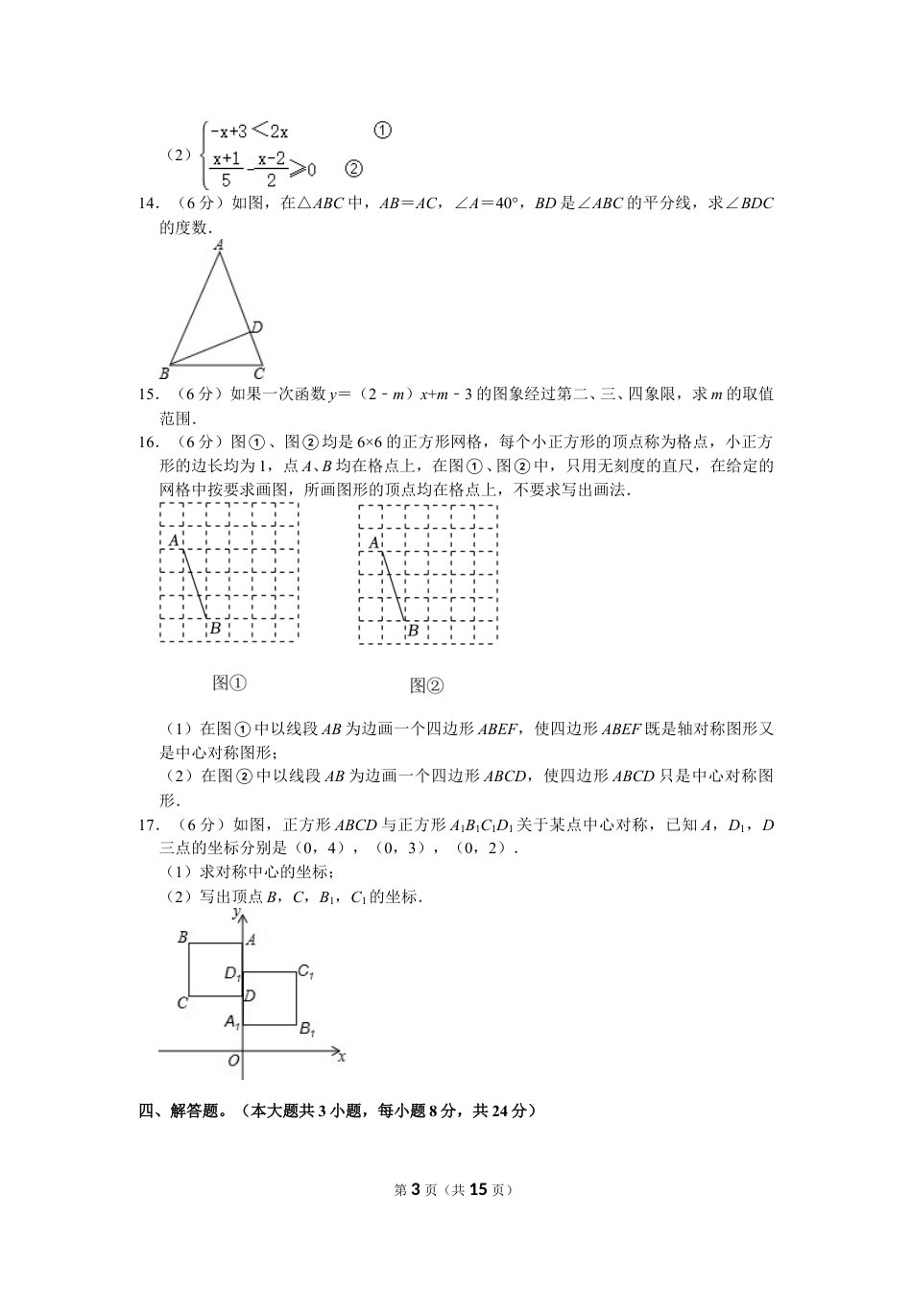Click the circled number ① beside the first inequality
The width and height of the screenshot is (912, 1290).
point(381,131)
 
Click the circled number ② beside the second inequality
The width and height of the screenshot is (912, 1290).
point(352,168)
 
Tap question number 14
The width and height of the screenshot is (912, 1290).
point(148,203)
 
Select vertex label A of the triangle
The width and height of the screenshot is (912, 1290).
point(219,246)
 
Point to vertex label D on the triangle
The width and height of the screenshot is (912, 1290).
point(256,328)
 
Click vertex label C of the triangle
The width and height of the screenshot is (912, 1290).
point(258,373)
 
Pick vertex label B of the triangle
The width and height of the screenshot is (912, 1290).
point(164,373)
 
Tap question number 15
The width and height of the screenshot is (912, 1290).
point(148,394)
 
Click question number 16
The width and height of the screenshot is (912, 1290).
point(148,442)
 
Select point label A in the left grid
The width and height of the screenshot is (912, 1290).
point(174,541)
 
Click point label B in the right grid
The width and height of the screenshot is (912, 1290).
point(413,631)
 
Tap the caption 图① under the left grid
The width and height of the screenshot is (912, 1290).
point(229,682)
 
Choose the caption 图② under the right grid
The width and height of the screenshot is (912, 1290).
point(426,685)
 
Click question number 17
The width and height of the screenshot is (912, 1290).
point(148,825)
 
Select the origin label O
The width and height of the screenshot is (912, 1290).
point(232,1061)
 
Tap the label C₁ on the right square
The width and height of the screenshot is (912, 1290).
point(305,971)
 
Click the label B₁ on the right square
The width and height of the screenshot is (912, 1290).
point(307,1029)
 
